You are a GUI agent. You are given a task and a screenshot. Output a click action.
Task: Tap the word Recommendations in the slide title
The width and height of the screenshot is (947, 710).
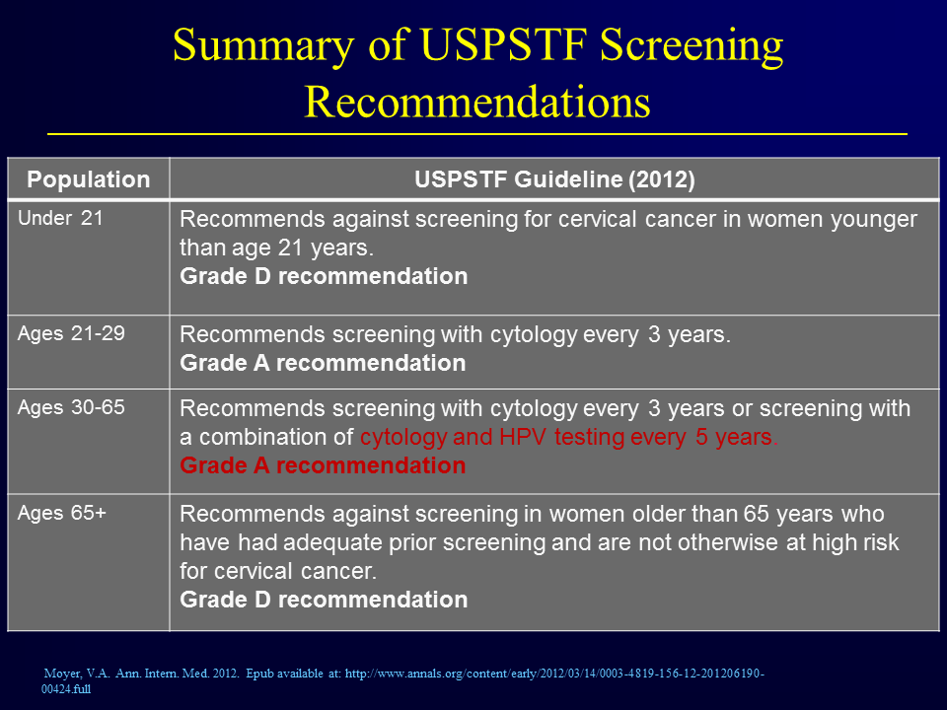click(477, 102)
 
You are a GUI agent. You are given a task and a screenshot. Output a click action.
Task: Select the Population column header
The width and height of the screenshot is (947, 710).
click(88, 179)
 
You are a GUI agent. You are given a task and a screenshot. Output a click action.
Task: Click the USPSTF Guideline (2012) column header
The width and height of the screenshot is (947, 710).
click(554, 179)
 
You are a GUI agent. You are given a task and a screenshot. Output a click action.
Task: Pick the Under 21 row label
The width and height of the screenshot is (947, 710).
click(60, 218)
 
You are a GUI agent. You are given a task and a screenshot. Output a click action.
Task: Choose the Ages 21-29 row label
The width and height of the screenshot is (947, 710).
click(71, 333)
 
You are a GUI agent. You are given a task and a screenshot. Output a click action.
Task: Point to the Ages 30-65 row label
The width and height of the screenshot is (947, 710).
click(71, 407)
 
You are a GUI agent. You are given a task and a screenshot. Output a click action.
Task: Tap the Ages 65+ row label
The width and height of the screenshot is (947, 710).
click(61, 513)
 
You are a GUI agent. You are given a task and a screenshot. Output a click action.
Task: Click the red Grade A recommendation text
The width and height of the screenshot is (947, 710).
click(324, 465)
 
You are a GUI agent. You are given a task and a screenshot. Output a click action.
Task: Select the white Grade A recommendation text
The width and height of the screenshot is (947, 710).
click(324, 363)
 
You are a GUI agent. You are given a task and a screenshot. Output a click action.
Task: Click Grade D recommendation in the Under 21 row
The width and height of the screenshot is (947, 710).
click(324, 276)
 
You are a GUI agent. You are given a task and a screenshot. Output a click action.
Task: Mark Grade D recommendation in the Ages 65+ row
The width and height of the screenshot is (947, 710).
click(324, 600)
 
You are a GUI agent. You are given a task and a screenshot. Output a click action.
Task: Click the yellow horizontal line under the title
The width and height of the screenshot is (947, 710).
click(477, 133)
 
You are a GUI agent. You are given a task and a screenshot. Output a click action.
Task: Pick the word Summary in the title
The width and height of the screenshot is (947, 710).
click(263, 46)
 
